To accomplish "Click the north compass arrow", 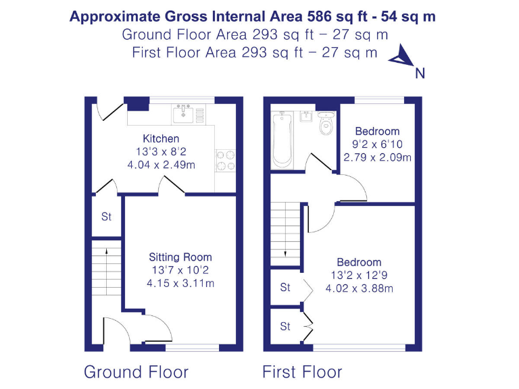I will tap(402, 57).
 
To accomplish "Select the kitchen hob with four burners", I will tap(225, 160).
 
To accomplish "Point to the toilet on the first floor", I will tap(326, 123).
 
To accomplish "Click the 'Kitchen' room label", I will tap(161, 138).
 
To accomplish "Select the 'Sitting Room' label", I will tap(180, 257).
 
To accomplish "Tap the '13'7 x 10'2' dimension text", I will tap(180, 270).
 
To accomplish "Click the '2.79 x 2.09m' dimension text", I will tap(378, 157).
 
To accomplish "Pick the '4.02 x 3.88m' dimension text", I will tap(360, 288).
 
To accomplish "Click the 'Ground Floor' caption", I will tap(136, 371).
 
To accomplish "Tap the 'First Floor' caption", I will tap(302, 371).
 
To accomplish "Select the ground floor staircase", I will tap(106, 270).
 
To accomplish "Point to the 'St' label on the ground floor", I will tap(106, 217).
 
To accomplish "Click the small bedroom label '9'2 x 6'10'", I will tap(378, 145).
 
